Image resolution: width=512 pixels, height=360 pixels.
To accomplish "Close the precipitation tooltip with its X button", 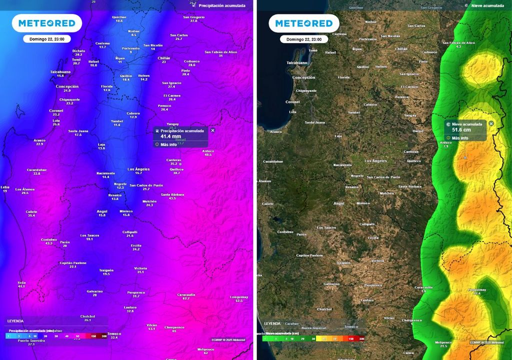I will (212, 130).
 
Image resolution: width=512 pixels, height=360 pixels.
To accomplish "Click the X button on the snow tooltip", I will (491, 123).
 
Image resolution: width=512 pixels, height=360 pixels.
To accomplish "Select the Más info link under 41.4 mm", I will (168, 144).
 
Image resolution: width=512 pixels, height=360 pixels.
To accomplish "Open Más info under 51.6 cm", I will (460, 138).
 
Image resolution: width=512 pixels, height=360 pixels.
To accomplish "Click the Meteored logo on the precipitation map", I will (47, 23).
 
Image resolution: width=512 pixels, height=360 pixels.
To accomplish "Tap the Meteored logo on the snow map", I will (303, 23).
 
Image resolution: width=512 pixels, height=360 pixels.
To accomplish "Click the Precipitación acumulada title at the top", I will (222, 5).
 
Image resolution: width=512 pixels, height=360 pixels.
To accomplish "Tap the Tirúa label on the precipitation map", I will (21, 282).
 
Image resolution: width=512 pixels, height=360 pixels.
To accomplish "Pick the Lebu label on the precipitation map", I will (5, 187).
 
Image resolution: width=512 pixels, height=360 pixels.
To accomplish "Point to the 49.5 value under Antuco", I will (208, 154).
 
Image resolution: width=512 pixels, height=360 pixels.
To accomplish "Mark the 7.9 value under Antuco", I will (446, 146).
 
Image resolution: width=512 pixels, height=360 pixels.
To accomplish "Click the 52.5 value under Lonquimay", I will (239, 300).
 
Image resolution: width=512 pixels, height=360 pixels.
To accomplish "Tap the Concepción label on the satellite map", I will (303, 77).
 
